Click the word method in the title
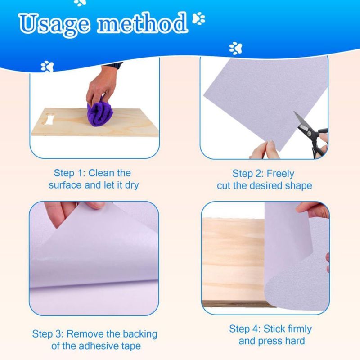(142, 22)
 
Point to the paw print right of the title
(198, 18)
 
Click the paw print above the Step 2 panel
(235, 48)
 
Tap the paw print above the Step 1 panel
(47, 67)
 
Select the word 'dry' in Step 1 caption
(132, 185)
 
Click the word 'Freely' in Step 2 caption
(280, 174)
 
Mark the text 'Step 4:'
(245, 329)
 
